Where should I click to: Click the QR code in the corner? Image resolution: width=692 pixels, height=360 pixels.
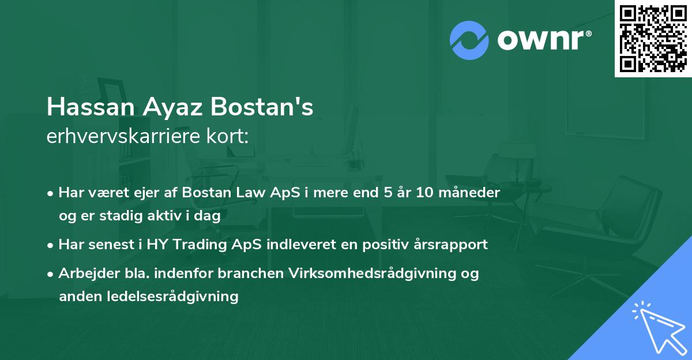click(653, 38)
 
